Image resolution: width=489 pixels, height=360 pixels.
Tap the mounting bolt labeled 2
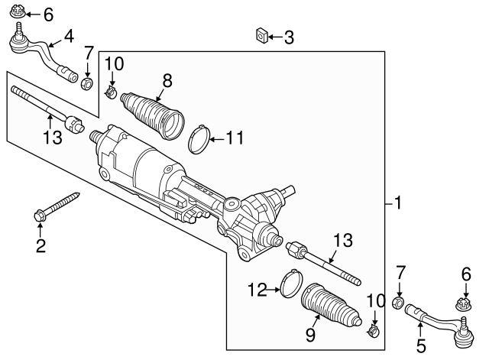pyautogui.click(x=58, y=207)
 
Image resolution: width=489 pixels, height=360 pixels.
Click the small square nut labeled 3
pyautogui.click(x=261, y=34)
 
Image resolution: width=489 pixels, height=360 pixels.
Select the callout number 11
pyautogui.click(x=235, y=139)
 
